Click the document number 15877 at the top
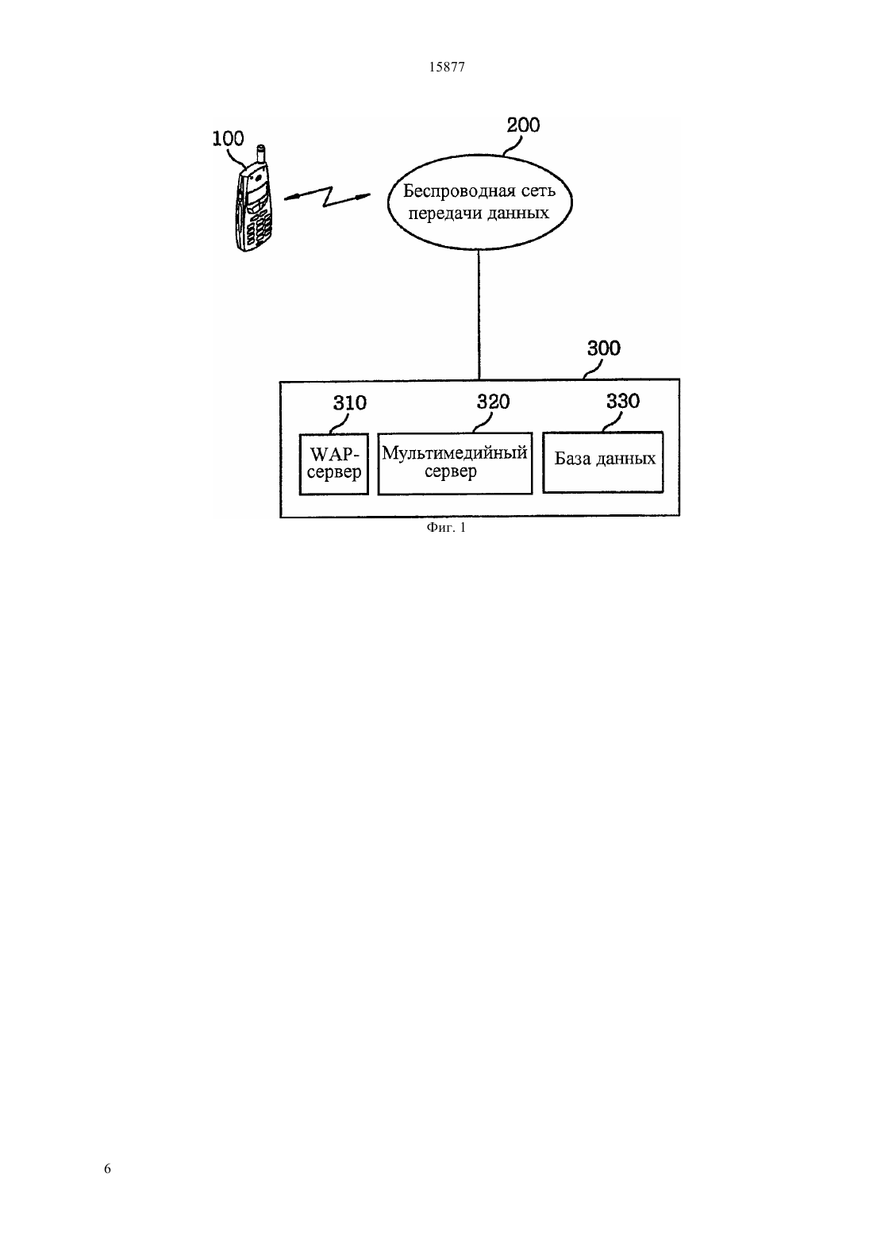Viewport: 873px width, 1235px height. coord(446,67)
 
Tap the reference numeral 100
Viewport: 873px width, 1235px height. coord(229,138)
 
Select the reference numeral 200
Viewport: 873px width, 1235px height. coord(523,125)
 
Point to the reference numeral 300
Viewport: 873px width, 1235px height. coord(603,348)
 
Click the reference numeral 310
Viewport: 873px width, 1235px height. coord(349,403)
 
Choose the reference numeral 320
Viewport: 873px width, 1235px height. coord(494,402)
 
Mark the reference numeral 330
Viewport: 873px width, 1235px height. coord(623,402)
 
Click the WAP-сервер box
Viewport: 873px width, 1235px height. coord(334,464)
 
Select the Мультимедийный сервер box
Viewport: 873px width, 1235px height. coord(455,464)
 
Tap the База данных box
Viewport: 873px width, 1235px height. coord(603,462)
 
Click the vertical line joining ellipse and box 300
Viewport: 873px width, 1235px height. coord(479,315)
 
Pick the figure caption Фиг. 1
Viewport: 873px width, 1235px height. coord(446,528)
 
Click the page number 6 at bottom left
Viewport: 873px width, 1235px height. coord(107,1168)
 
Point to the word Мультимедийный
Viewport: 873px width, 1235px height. coord(455,454)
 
